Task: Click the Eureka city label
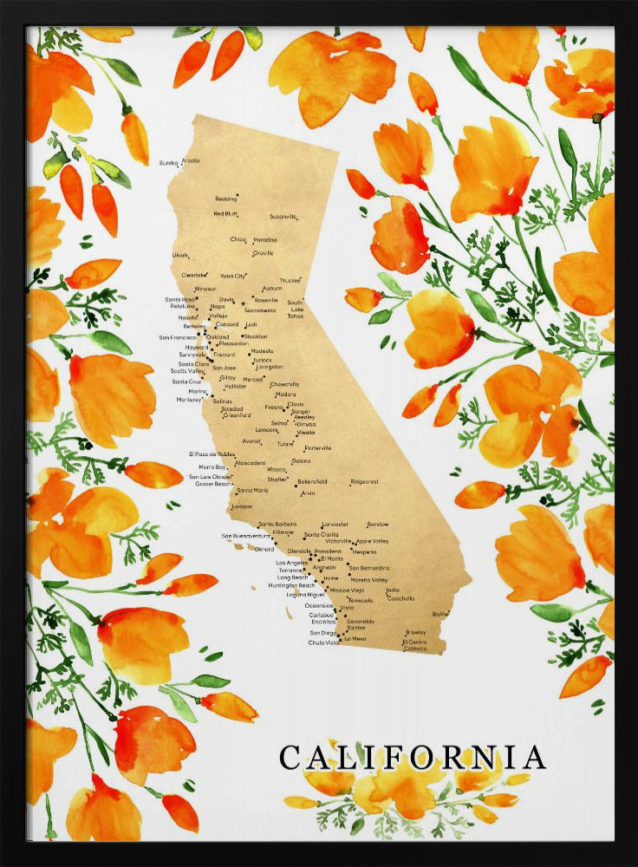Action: click(x=169, y=162)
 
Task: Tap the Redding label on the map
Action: click(x=225, y=199)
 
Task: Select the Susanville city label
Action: click(x=283, y=216)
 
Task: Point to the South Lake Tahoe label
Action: click(x=296, y=310)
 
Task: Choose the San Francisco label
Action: click(x=178, y=337)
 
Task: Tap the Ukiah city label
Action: click(x=179, y=256)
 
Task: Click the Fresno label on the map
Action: click(x=274, y=407)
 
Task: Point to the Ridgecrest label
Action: click(x=364, y=482)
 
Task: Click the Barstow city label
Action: click(x=377, y=525)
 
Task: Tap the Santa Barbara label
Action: click(x=277, y=525)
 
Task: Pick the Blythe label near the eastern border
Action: click(x=440, y=614)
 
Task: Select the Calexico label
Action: click(x=415, y=648)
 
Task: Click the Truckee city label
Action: click(x=290, y=281)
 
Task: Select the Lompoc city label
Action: click(x=243, y=505)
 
